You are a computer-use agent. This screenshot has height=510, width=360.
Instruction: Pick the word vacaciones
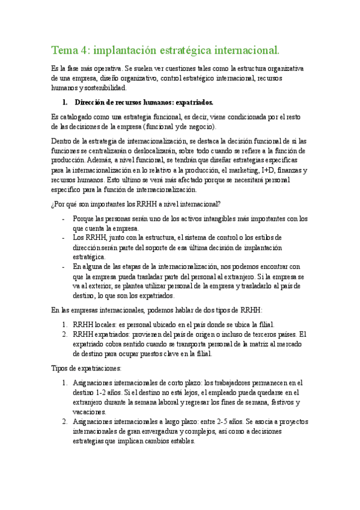[90, 411]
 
